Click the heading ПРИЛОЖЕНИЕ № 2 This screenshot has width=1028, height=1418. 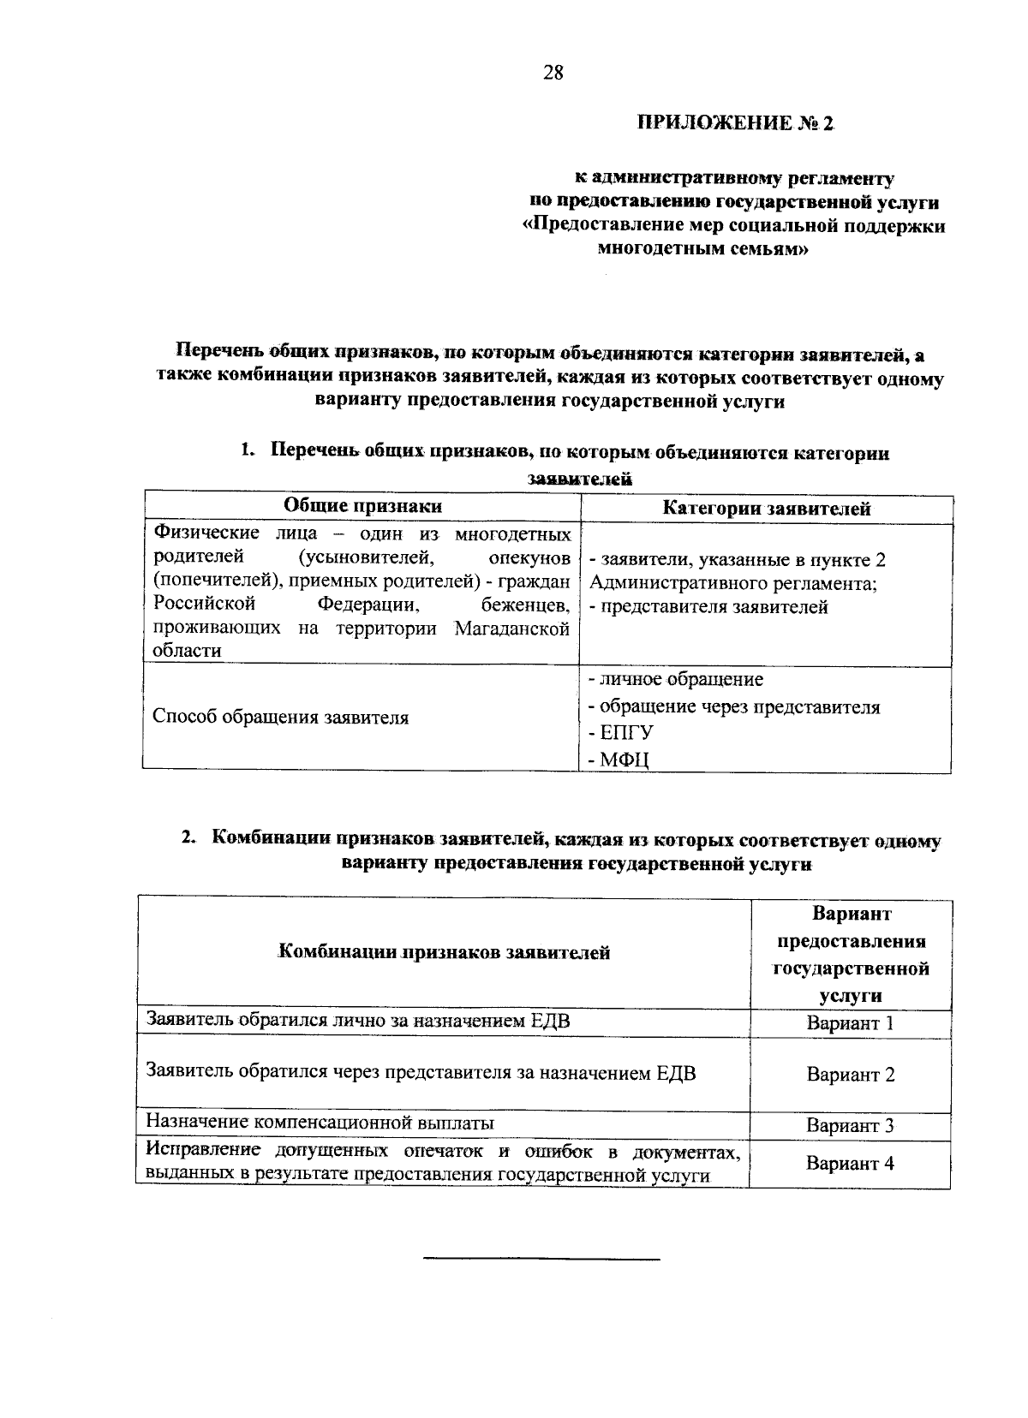coord(734,123)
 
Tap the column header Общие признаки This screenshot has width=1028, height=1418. coord(362,506)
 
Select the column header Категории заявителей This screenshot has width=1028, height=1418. coord(767,509)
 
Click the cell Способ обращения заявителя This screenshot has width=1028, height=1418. coord(280,718)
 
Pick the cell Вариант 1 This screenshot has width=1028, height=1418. coord(850,1023)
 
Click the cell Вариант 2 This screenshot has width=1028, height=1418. coord(850,1075)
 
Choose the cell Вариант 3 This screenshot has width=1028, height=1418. coord(850,1126)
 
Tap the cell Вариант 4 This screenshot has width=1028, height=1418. coord(850,1164)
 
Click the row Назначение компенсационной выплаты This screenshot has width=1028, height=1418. coord(320,1123)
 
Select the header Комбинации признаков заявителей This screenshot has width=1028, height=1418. coord(445,952)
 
